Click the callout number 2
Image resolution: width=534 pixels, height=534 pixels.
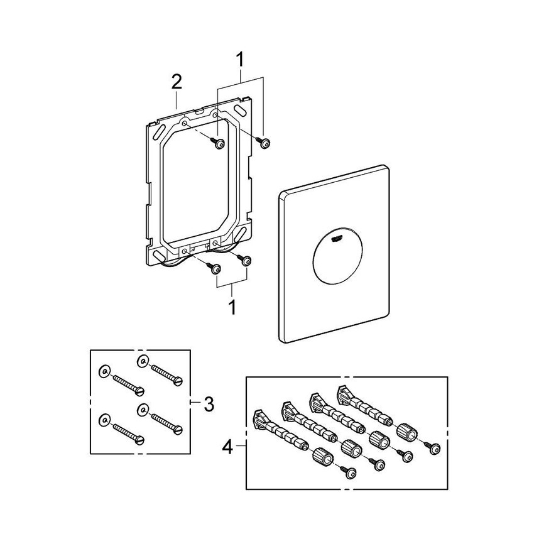(177, 82)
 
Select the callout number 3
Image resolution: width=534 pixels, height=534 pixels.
(207, 402)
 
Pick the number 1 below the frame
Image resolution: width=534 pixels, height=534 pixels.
(232, 308)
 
